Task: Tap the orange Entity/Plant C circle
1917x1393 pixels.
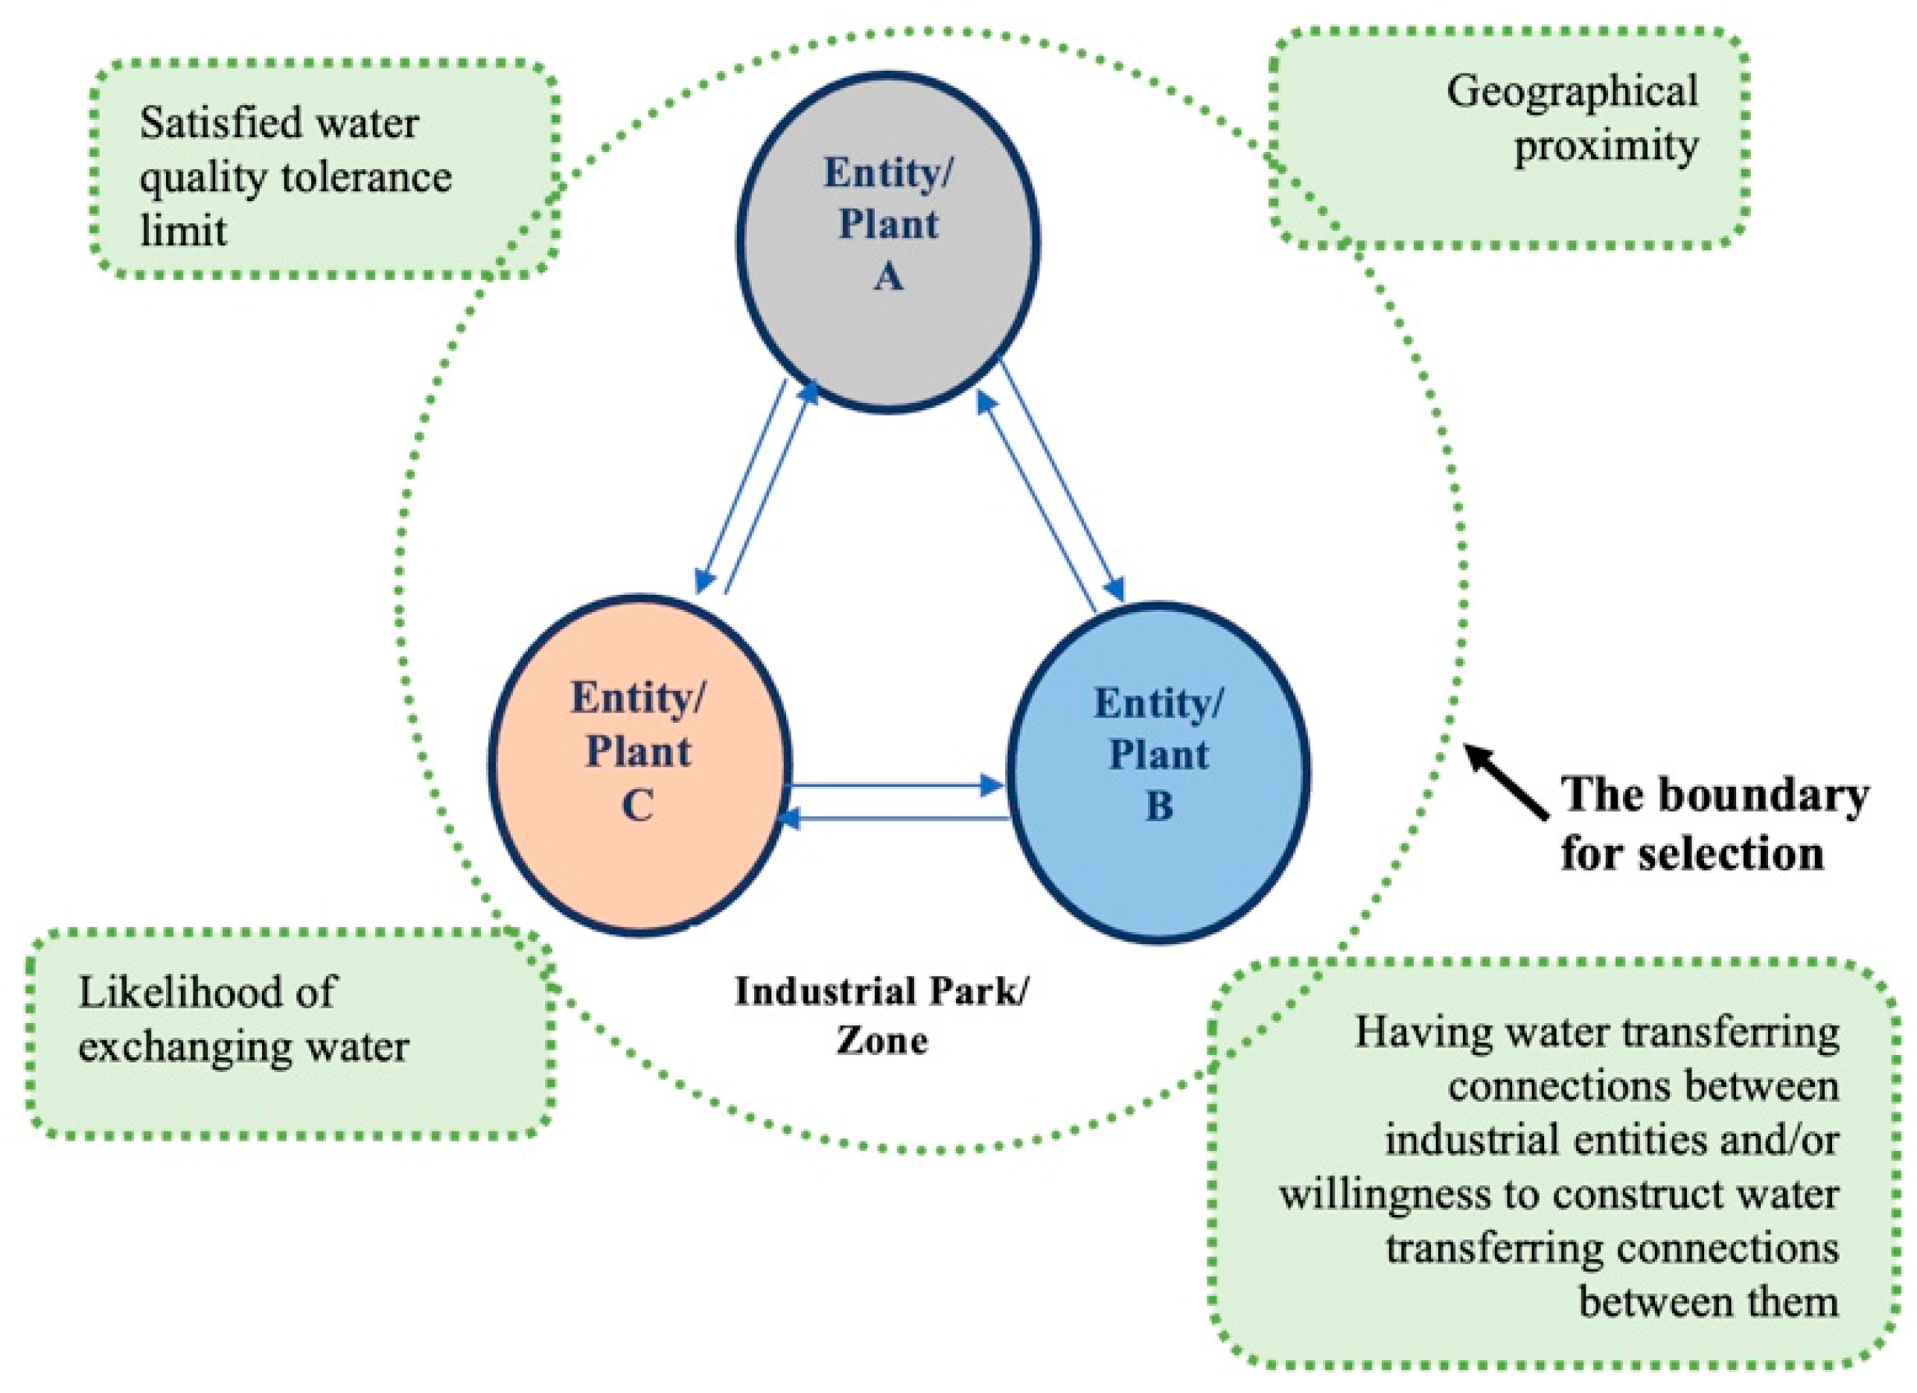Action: [639, 870]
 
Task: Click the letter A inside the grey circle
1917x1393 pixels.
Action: [887, 276]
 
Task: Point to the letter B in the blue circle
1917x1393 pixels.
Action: [1159, 806]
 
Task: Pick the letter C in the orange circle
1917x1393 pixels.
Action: [638, 805]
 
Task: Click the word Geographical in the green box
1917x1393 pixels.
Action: [1572, 92]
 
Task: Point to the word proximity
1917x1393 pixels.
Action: [1605, 146]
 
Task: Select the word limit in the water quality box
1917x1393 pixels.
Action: [183, 231]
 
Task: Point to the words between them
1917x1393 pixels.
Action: [1709, 1301]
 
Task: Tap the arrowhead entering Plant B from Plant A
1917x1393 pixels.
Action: [1116, 589]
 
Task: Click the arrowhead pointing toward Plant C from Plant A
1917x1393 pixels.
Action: [704, 581]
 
